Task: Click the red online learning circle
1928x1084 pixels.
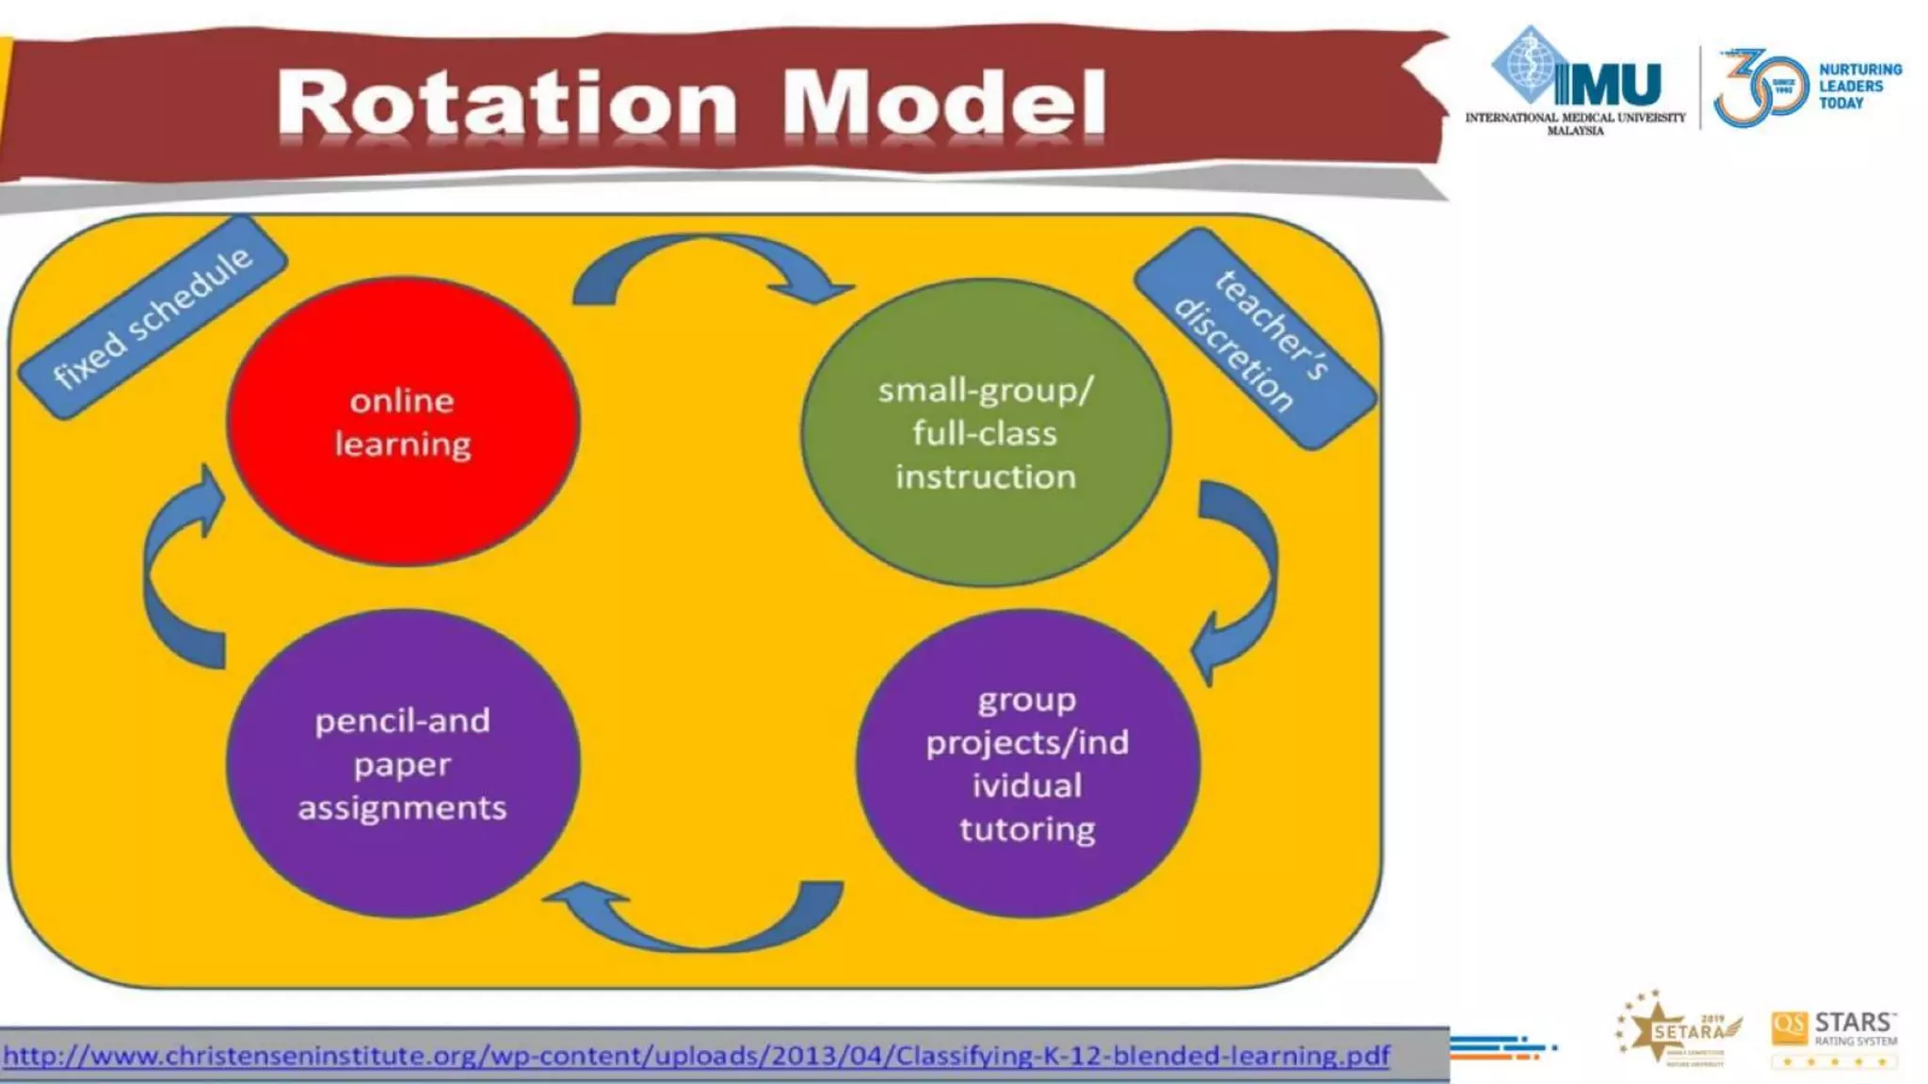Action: (403, 422)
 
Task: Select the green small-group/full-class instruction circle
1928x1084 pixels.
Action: (985, 433)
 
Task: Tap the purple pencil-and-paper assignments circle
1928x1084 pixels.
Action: (403, 764)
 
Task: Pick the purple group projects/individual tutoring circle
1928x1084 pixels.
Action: (1027, 764)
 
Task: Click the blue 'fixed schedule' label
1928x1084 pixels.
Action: (153, 318)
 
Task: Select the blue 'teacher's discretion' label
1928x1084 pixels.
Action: (1255, 339)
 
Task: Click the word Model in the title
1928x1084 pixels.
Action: (944, 104)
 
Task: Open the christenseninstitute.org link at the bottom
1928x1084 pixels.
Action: (697, 1056)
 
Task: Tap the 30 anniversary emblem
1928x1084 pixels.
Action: (1758, 88)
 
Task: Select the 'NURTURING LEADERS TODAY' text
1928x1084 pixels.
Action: (1858, 87)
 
